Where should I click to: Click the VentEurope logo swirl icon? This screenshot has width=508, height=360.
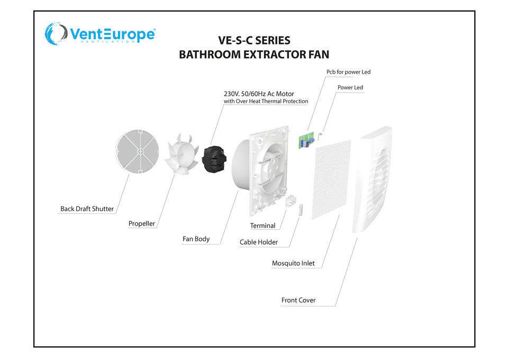pyautogui.click(x=55, y=34)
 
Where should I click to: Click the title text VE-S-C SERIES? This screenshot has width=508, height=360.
pyautogui.click(x=254, y=40)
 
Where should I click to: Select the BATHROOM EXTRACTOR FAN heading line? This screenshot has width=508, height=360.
pyautogui.click(x=254, y=54)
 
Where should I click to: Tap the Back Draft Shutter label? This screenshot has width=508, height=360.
pyautogui.click(x=87, y=209)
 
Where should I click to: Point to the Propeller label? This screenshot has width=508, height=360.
pyautogui.click(x=142, y=223)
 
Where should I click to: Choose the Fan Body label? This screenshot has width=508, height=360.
pyautogui.click(x=196, y=239)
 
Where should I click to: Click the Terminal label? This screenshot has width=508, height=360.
pyautogui.click(x=262, y=226)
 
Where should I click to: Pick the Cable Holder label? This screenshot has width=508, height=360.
pyautogui.click(x=259, y=242)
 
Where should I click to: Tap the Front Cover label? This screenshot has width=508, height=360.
pyautogui.click(x=298, y=300)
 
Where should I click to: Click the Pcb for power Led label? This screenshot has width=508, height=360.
pyautogui.click(x=345, y=71)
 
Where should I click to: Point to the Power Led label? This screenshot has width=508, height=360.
pyautogui.click(x=350, y=87)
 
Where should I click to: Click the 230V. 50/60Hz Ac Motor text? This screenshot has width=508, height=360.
pyautogui.click(x=259, y=94)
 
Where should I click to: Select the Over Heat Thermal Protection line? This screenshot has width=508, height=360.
pyautogui.click(x=266, y=101)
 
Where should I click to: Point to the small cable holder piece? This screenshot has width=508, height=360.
pyautogui.click(x=300, y=208)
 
